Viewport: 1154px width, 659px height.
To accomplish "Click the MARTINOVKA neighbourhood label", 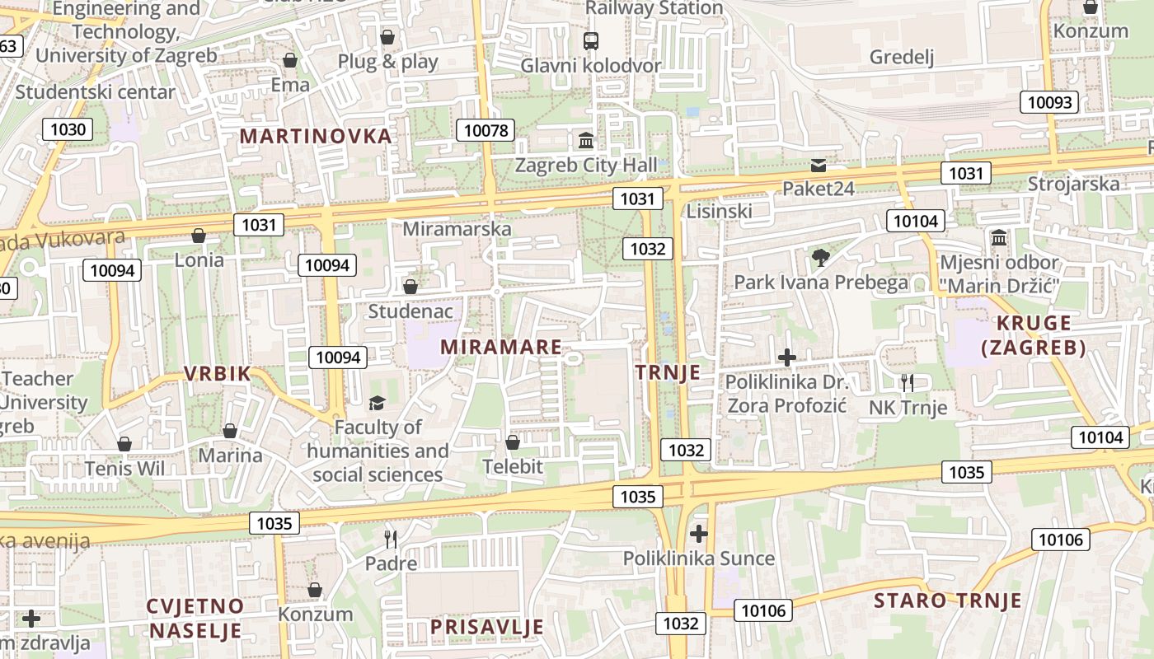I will point(315,137).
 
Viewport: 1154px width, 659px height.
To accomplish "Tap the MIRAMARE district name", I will point(500,347).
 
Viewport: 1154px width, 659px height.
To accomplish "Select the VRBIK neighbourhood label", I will point(217,373).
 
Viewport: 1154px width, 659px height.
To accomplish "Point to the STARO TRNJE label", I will point(948,601).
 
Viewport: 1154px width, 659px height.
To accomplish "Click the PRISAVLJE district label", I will point(487,627).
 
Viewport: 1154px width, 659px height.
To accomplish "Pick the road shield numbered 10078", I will point(489,130).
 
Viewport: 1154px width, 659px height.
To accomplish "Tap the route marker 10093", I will point(1049,102).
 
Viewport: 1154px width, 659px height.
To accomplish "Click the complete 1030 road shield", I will point(68,129).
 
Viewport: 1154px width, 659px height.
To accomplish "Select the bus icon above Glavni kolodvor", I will point(590,40).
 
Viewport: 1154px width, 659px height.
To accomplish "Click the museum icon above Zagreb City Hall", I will point(586,141).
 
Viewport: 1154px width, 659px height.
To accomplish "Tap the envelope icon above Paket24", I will point(818,165).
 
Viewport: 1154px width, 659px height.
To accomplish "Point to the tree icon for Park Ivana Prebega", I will point(820,258).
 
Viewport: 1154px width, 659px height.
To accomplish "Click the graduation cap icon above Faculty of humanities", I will point(377,403).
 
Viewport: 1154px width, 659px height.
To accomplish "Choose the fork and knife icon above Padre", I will point(391,540).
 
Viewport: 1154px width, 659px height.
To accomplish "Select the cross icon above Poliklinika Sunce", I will point(699,534).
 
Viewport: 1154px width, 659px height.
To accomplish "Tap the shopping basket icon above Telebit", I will point(513,442).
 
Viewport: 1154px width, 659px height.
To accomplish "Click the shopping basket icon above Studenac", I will point(410,287).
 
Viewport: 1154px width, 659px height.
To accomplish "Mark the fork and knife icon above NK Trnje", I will point(908,382).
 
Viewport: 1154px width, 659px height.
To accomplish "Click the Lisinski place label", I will point(719,211).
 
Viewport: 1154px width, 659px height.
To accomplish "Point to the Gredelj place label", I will point(902,57).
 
